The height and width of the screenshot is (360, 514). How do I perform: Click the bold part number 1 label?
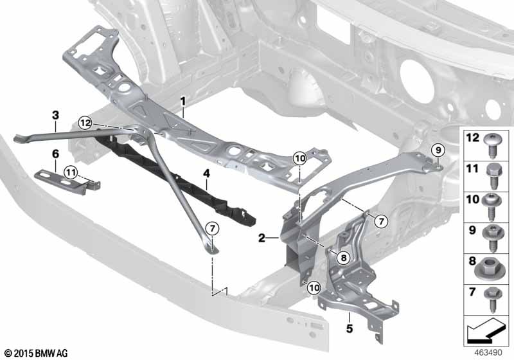coord(183,102)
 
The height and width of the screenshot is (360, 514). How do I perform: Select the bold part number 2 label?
coord(261,238)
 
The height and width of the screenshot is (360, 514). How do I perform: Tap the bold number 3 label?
coord(55,115)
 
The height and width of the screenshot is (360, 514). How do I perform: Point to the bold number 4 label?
coord(206,173)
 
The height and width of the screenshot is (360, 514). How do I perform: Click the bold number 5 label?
coord(350,328)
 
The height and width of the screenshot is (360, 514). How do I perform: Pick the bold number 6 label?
coord(55,154)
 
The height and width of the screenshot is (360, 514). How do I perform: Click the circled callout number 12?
coord(85,123)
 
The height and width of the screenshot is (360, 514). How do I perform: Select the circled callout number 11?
coord(71,172)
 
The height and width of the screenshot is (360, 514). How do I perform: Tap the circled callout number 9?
coord(438,150)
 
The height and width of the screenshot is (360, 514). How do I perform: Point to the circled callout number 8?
coord(344,258)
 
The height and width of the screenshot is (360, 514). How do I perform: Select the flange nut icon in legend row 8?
coord(490,270)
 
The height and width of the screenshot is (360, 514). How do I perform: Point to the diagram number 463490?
coord(488,352)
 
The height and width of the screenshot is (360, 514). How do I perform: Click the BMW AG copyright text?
coord(36,353)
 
